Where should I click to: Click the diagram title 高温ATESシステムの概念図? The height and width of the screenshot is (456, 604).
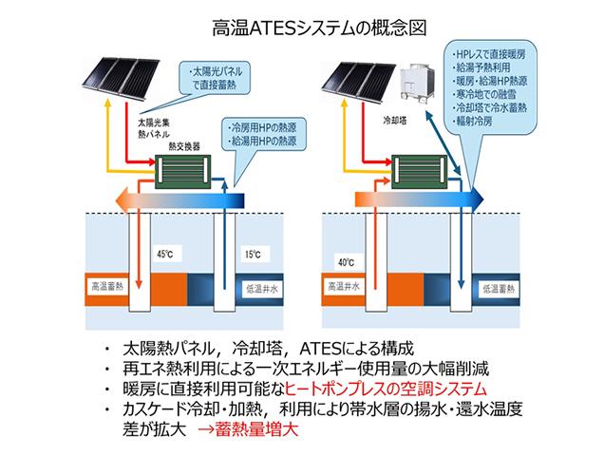tap(319, 28)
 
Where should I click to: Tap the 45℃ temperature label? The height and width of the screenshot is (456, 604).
tap(165, 254)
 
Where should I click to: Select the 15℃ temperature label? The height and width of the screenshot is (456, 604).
tap(253, 255)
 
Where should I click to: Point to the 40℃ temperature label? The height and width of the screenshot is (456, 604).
tap(346, 263)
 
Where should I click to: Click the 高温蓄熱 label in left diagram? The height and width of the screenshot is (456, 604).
tap(106, 286)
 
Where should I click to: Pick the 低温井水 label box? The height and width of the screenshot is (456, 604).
tap(262, 289)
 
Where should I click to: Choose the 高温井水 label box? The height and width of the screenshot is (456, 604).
tap(344, 286)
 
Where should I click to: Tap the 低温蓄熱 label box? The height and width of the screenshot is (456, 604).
tap(499, 289)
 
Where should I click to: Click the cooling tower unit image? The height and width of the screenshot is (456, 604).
tap(419, 84)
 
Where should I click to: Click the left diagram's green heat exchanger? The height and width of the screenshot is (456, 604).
tap(183, 172)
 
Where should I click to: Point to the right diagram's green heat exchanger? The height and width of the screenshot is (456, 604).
tap(420, 172)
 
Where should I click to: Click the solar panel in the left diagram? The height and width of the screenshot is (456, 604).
tap(121, 78)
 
